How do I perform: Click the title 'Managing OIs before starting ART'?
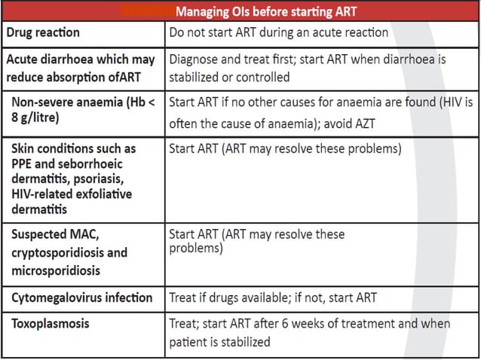tap(265, 11)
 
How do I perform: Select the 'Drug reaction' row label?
tap(44, 33)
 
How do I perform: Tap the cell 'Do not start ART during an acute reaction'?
tap(279, 33)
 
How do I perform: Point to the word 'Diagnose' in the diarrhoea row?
tap(195, 59)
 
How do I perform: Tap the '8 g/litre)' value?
tap(41, 117)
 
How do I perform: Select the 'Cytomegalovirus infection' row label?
tap(81, 298)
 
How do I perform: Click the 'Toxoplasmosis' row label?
tap(50, 324)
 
